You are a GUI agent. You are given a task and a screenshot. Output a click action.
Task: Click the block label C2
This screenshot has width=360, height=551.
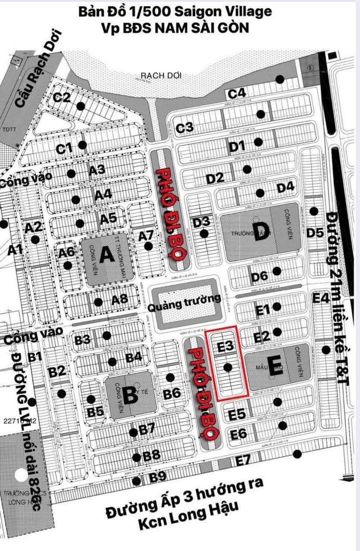coord(62,97)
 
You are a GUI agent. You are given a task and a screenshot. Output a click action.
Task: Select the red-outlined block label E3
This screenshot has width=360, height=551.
coord(225,345)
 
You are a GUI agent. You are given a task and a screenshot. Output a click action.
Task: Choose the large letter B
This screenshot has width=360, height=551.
coord(130,395)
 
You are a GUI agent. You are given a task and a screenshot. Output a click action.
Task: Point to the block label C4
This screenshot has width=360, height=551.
coord(237,93)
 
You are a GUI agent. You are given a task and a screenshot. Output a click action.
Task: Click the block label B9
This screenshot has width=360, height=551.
coord(158,477)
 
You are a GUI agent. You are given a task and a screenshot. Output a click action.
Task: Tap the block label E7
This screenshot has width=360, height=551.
coord(243,460)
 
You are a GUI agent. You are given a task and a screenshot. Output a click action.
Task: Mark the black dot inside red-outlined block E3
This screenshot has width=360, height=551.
coord(228,367)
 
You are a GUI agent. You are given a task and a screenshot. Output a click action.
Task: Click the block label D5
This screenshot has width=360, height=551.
coord(315,232)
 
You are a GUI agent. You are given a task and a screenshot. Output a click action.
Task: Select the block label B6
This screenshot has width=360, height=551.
coord(172,393)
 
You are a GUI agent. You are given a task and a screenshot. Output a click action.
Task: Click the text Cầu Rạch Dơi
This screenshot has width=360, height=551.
coord(33,75)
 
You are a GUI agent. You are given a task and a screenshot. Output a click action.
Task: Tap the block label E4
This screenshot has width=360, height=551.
coord(320,298)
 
